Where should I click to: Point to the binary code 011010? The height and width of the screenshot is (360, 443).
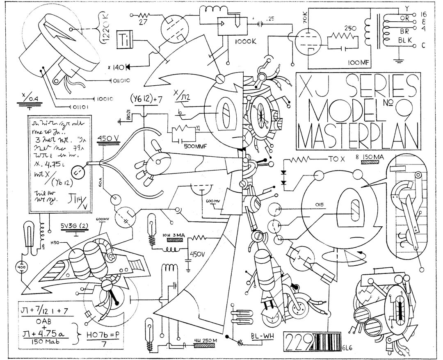point(122,79)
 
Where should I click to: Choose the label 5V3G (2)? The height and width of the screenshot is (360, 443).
point(76,226)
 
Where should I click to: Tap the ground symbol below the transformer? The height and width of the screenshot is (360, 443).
point(397,61)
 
